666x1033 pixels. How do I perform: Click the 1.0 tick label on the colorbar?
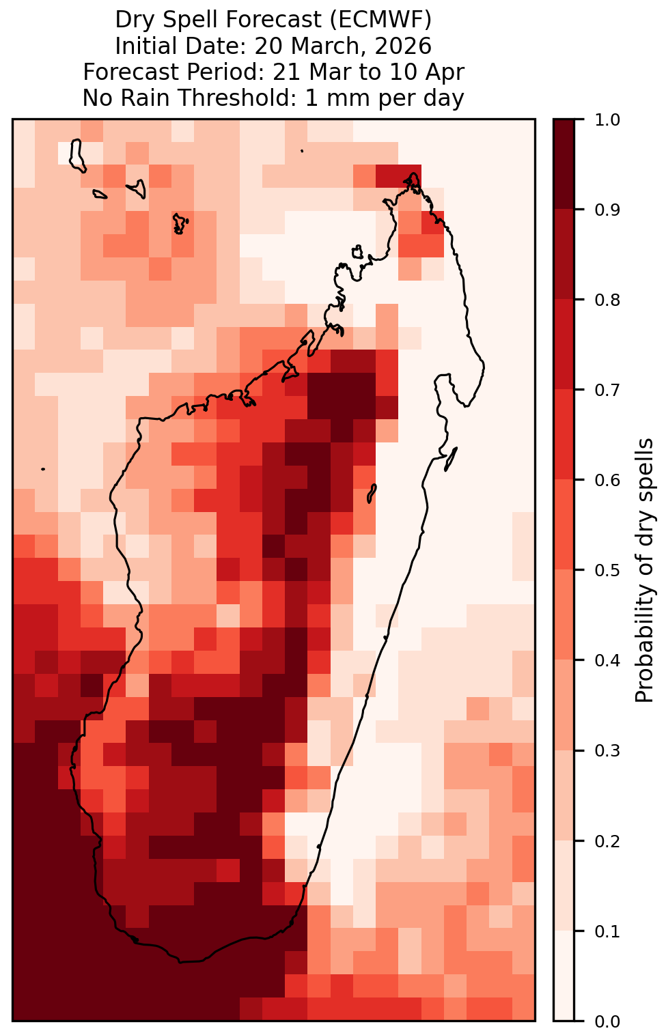607,120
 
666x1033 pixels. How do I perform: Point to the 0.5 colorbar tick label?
607,571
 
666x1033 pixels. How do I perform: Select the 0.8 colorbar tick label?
607,300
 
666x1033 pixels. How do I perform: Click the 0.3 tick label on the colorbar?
607,751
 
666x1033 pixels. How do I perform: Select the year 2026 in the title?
403,46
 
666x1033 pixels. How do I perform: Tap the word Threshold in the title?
239,98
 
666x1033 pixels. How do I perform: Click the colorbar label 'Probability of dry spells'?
644,571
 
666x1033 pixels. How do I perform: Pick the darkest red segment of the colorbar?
564,165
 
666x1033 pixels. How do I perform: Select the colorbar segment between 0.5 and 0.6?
564,525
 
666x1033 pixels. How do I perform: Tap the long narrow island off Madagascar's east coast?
450,459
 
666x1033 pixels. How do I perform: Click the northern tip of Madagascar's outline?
413,174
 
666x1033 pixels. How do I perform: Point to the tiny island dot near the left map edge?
43,469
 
